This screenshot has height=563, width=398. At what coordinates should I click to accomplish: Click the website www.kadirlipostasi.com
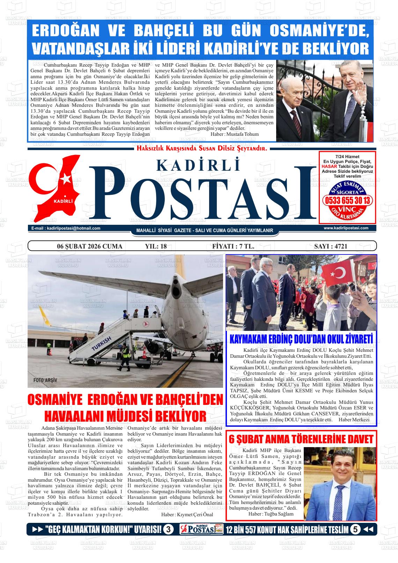346,228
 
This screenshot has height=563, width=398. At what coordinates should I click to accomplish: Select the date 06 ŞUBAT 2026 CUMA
90,246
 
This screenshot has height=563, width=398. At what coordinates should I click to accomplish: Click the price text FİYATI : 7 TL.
233,246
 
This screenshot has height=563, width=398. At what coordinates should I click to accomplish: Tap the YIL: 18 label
156,246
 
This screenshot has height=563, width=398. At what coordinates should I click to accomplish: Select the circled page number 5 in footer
355,529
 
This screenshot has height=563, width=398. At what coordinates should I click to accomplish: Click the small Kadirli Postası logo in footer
201,529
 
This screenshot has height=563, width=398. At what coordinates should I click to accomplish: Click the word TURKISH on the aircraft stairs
101,344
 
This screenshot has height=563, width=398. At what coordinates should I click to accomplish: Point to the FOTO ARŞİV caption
45,380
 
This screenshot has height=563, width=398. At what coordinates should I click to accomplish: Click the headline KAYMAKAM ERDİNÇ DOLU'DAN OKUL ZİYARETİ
301,339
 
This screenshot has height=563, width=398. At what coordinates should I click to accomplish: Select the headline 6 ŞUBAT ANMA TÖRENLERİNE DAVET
301,439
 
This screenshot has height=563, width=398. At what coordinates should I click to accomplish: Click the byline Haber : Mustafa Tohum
235,134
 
